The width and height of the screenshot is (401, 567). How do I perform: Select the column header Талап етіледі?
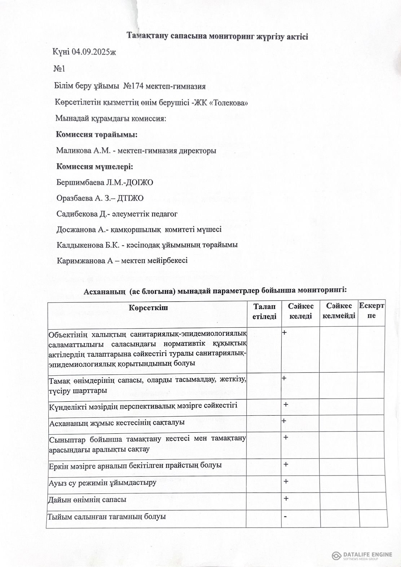tap(264, 311)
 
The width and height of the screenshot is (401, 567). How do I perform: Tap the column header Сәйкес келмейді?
tap(339, 311)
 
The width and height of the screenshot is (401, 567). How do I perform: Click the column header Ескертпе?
tap(371, 311)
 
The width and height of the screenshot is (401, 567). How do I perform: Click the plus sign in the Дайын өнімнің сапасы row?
tap(286, 499)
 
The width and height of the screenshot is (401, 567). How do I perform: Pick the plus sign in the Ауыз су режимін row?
tap(286, 481)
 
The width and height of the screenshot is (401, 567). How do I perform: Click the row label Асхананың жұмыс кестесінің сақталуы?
tap(117, 422)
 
